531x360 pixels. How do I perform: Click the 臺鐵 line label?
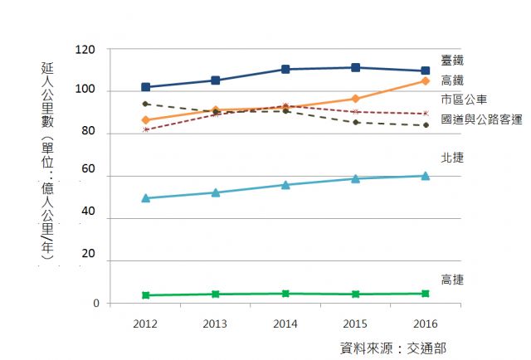coord(452,62)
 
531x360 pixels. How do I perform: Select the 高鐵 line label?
coord(452,80)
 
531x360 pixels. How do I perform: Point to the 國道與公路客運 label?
coord(481,119)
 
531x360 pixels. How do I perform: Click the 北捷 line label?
coord(452,157)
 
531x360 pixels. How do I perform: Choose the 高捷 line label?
coord(452,280)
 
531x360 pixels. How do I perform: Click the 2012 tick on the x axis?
coord(145,321)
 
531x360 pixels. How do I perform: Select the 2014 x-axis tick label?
coord(285,321)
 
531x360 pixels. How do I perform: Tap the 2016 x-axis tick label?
coord(425,321)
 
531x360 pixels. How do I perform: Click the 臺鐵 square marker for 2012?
coord(145,87)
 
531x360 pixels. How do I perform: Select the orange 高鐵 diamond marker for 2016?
coord(425,80)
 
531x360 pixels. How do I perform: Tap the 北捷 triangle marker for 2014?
coord(285,185)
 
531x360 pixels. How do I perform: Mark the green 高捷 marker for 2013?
coord(216,294)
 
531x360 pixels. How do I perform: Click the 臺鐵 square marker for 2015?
coord(355,67)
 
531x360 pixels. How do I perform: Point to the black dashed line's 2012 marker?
coord(145,104)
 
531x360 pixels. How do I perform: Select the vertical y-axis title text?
coord(47,162)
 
